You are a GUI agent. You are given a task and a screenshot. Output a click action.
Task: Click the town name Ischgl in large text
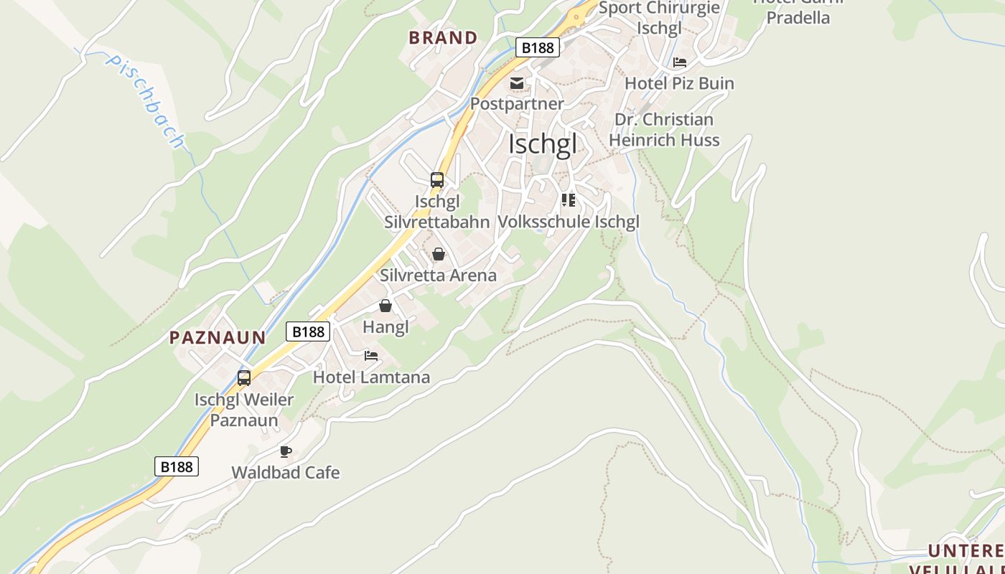tap(542, 144)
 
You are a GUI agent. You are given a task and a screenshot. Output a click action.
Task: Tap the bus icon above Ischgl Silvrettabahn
tap(437, 180)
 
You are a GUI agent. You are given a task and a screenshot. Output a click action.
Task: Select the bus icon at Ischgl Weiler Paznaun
tap(244, 378)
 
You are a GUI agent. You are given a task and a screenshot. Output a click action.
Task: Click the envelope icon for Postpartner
tap(517, 83)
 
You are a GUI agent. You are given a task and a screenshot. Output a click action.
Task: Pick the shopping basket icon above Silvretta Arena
tap(439, 254)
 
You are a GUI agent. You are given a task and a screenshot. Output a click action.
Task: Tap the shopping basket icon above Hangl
tap(385, 306)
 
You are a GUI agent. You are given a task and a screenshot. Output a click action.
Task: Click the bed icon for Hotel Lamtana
tap(371, 356)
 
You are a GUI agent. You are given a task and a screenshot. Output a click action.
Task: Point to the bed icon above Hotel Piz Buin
tap(679, 62)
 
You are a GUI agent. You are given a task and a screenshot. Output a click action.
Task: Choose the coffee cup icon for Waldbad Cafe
tap(285, 451)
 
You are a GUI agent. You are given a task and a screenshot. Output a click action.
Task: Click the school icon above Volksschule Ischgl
tap(569, 200)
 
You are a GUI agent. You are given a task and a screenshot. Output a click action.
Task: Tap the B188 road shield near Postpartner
tap(538, 47)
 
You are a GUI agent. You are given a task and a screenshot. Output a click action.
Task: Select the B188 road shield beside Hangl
tap(309, 331)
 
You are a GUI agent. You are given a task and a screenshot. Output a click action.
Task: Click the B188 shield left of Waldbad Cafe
tap(177, 466)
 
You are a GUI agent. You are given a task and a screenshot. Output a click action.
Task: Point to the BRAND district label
tap(443, 38)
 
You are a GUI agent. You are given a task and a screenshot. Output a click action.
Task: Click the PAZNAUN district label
tap(218, 337)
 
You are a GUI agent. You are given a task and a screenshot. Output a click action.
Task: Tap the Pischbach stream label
tap(144, 100)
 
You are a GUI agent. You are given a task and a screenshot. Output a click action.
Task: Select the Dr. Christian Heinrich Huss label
tap(664, 130)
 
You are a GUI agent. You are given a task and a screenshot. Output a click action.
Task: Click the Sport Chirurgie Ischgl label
tap(658, 18)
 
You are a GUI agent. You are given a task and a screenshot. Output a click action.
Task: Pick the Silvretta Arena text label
tap(438, 275)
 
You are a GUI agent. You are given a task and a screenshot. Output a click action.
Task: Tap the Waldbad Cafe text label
tap(286, 473)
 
